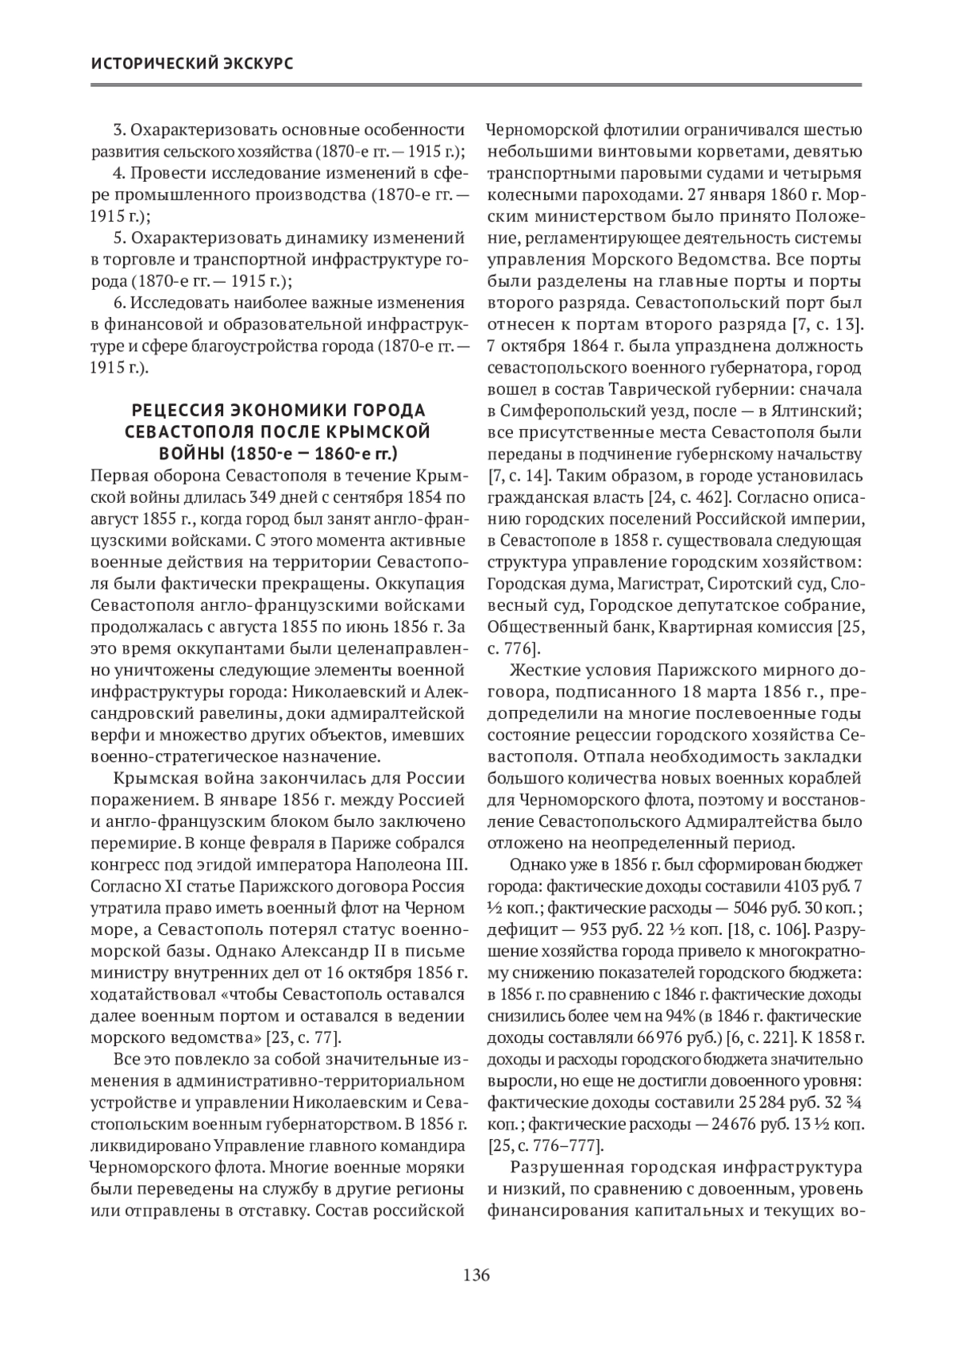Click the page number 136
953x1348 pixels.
[476, 1276]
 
